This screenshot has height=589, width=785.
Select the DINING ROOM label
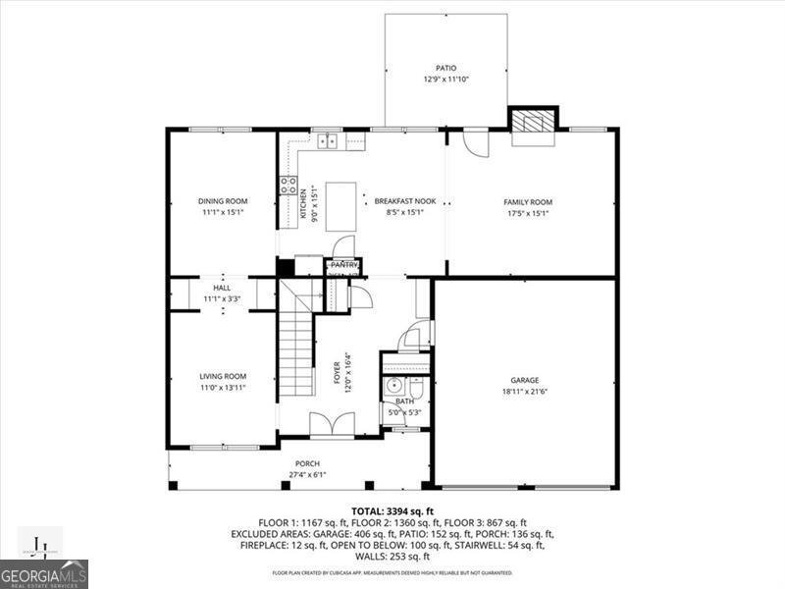(222, 201)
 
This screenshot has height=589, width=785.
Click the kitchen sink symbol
(328, 141)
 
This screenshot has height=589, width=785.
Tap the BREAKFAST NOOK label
(405, 201)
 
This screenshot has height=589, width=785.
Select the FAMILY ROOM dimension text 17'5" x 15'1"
(528, 213)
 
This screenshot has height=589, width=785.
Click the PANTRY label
(343, 265)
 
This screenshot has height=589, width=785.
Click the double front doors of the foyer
(332, 424)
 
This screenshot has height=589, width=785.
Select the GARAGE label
(524, 380)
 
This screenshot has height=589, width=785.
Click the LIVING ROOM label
(223, 376)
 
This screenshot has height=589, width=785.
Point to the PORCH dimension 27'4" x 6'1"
(307, 474)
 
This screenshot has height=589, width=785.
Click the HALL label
(222, 288)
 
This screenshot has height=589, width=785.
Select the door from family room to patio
(475, 143)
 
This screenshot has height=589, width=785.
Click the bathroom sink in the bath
(393, 386)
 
